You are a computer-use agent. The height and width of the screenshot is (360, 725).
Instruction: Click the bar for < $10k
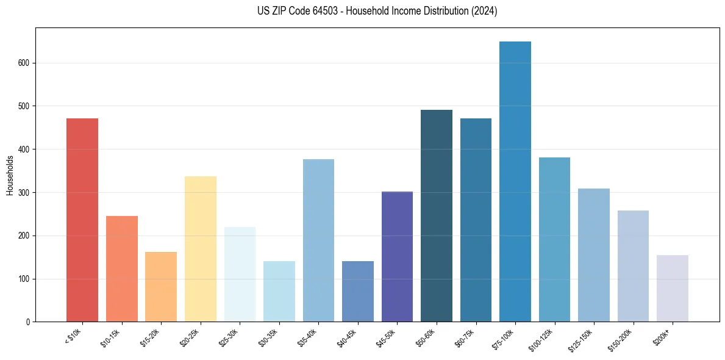pyautogui.click(x=82, y=220)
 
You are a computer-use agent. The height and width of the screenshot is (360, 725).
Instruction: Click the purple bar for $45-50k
pyautogui.click(x=397, y=256)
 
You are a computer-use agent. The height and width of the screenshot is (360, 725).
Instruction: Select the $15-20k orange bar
pyautogui.click(x=161, y=287)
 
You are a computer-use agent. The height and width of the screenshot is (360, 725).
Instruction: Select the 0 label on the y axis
pyautogui.click(x=30, y=322)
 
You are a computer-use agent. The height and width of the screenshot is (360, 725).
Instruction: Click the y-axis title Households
pyautogui.click(x=10, y=175)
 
